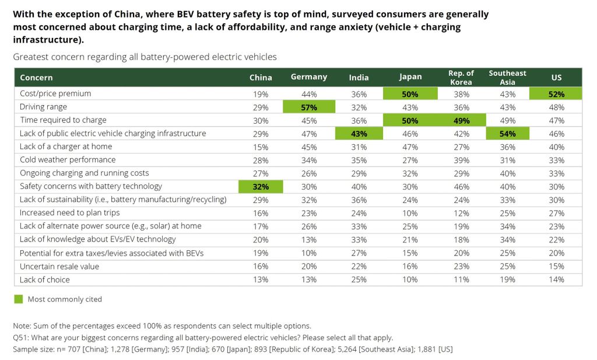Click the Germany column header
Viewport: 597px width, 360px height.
(x=308, y=77)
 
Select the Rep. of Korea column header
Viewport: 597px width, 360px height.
(x=461, y=78)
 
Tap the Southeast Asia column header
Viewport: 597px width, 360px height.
(x=507, y=78)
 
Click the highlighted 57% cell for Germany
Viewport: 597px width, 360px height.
(x=308, y=107)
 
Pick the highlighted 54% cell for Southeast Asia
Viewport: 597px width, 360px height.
(x=507, y=134)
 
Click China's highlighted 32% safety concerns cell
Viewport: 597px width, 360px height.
(x=260, y=187)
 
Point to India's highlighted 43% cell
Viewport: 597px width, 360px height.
(x=359, y=134)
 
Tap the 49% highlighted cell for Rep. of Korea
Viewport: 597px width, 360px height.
(x=461, y=120)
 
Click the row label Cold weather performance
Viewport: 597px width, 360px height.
(x=68, y=160)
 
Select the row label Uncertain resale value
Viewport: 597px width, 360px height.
(x=59, y=267)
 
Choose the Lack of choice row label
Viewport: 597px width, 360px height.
(x=45, y=280)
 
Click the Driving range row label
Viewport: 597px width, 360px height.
(x=44, y=107)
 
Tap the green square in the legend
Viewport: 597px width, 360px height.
(x=19, y=299)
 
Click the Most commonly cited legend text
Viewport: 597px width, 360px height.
(x=65, y=299)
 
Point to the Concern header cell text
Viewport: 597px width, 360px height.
(x=36, y=78)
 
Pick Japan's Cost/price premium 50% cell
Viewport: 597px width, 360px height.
(x=410, y=93)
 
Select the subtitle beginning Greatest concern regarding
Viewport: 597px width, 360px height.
(x=145, y=57)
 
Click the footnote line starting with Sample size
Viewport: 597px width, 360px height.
(x=233, y=349)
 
